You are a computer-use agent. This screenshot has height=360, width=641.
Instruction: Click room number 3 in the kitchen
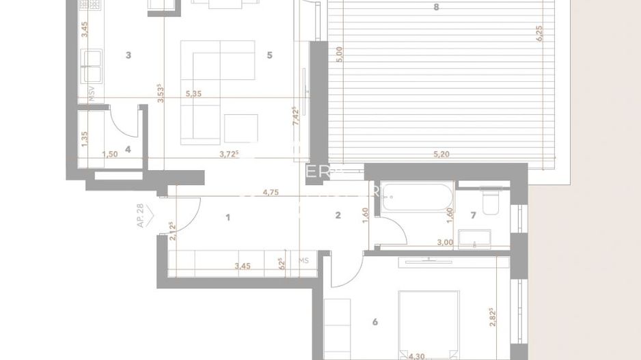click(x=128, y=55)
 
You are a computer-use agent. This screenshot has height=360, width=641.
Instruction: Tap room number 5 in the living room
click(x=269, y=55)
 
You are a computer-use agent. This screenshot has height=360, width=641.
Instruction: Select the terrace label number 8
click(x=436, y=8)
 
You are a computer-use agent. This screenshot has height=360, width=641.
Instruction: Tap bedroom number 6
click(x=375, y=322)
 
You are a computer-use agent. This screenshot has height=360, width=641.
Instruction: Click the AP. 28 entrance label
click(x=141, y=214)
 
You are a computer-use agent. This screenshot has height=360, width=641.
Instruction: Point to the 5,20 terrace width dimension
click(x=441, y=154)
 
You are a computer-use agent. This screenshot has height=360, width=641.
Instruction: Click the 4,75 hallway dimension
click(x=271, y=193)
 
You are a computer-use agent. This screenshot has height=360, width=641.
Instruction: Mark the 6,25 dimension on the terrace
click(x=539, y=34)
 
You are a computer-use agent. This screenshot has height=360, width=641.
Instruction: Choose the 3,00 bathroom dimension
click(x=445, y=242)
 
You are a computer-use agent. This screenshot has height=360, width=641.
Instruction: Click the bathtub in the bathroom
click(x=417, y=197)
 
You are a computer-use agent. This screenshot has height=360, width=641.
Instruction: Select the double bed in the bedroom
click(x=428, y=321)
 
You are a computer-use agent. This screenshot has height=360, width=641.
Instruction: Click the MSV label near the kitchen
click(x=91, y=93)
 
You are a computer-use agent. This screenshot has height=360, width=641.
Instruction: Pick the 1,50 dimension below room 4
click(x=109, y=154)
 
